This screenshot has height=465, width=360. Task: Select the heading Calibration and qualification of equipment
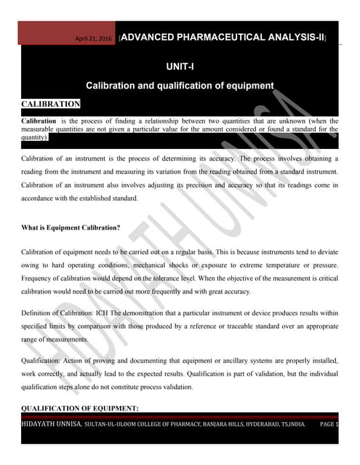coord(180,86)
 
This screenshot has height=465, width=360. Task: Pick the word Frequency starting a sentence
coord(39,278)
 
